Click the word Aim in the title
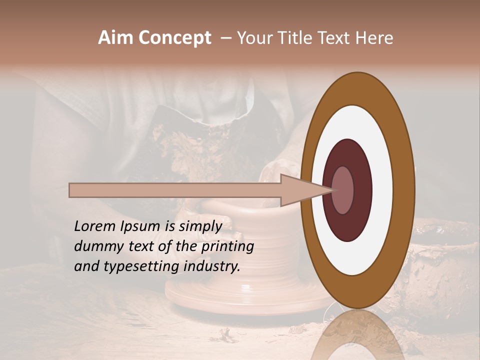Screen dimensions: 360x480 [x=115, y=38]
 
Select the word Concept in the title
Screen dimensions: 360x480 [x=174, y=38]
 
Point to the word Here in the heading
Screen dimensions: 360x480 [x=374, y=38]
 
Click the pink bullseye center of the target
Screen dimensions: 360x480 [x=342, y=190]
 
